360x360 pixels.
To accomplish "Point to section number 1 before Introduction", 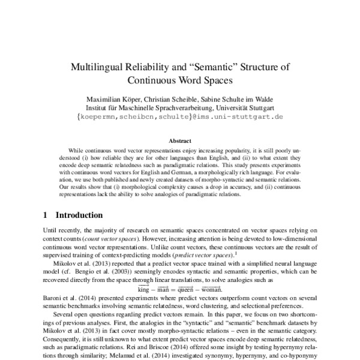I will pos(47,215).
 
